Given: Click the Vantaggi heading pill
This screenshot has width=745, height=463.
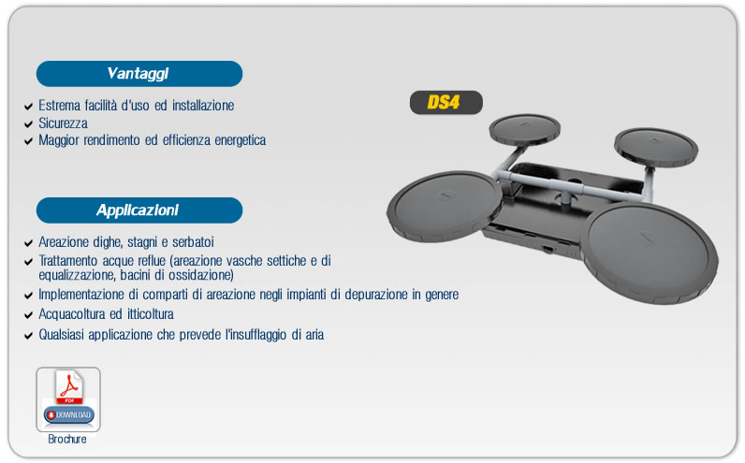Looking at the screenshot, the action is click(x=139, y=74).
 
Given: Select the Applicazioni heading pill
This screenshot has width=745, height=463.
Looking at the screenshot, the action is click(x=139, y=210).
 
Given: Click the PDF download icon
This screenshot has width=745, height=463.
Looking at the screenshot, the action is click(x=68, y=399).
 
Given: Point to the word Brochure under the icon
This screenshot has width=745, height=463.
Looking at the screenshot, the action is click(x=67, y=440).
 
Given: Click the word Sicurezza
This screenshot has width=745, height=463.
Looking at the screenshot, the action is click(x=64, y=123).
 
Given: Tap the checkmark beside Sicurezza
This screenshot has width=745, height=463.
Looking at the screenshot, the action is click(x=28, y=124).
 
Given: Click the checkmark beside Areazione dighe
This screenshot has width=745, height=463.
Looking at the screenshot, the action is click(x=28, y=243).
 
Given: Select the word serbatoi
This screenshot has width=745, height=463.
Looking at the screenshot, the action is click(x=193, y=242).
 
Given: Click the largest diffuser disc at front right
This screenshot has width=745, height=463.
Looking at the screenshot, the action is click(x=649, y=253).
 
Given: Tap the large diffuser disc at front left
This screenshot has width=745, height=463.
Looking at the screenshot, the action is click(x=445, y=207).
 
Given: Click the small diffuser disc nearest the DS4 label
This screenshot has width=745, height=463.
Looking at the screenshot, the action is click(x=524, y=129).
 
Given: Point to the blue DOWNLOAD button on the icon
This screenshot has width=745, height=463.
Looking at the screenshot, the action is click(x=69, y=415).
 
